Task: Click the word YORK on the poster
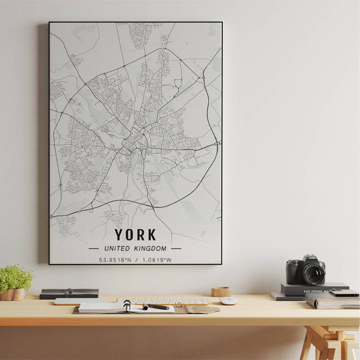tap(135, 234)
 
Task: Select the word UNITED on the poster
tap(117, 248)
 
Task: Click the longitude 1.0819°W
tap(157, 260)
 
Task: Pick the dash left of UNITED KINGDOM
tap(94, 248)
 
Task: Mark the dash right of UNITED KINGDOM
tap(176, 248)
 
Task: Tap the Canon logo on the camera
tap(311, 258)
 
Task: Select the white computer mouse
tap(229, 300)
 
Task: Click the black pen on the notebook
tap(156, 307)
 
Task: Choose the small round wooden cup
tap(221, 292)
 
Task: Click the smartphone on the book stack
tap(344, 292)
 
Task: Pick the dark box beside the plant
tap(69, 293)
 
